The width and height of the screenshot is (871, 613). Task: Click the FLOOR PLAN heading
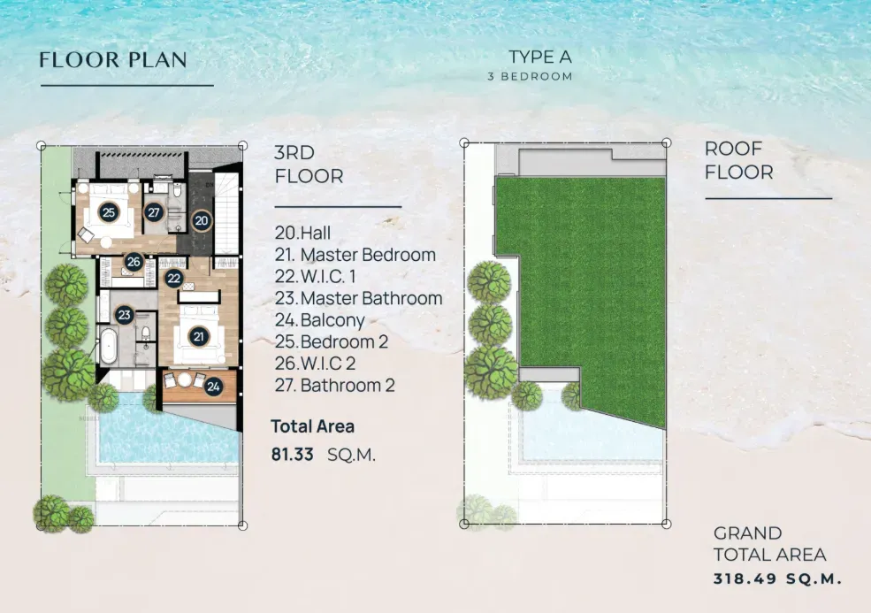[x=113, y=60]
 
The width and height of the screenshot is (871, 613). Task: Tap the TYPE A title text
[x=540, y=57]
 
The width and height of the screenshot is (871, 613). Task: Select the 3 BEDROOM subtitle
[x=530, y=77]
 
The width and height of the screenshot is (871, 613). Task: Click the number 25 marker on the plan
[x=109, y=212]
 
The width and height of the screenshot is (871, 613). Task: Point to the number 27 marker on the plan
[x=154, y=212]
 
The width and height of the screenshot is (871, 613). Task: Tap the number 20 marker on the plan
[x=202, y=220]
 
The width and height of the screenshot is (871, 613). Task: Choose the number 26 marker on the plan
[x=134, y=262]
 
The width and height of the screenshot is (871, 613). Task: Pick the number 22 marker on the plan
[x=174, y=278]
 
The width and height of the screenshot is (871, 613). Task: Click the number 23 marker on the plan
[x=124, y=315]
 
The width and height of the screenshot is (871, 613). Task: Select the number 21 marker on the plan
[x=198, y=336]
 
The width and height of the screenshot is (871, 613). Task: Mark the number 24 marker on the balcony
[x=213, y=386]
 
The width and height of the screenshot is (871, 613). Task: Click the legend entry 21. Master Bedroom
[x=355, y=255]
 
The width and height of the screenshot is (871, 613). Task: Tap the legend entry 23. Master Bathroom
[x=358, y=298]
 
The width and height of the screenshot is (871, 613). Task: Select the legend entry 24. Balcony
[x=319, y=320]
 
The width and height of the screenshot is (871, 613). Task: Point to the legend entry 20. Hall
[x=303, y=234]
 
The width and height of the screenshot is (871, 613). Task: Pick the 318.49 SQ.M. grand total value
[x=776, y=580]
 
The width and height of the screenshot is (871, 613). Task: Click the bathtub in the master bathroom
[x=110, y=346]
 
